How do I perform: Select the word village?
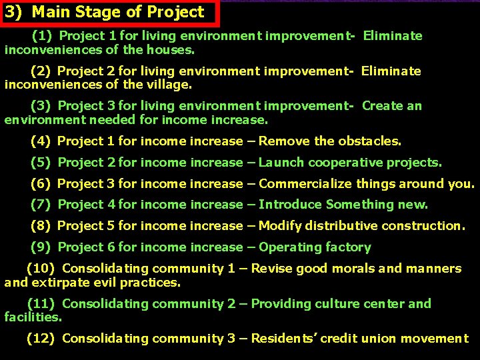[171, 85]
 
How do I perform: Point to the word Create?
[383, 106]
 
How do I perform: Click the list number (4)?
[41, 141]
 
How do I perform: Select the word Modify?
[281, 226]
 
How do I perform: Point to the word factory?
[348, 247]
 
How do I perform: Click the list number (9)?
[41, 247]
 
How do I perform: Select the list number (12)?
[41, 339]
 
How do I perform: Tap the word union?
[387, 339]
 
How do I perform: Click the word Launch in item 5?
[281, 163]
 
